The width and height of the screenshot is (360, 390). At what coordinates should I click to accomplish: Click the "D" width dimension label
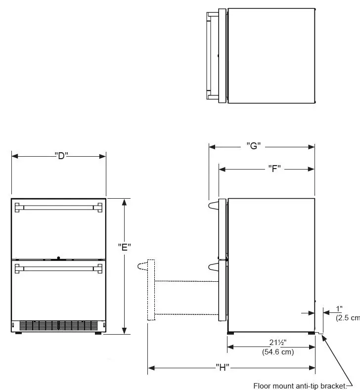pos(61,156)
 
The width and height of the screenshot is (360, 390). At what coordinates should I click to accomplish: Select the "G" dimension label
pos(253,146)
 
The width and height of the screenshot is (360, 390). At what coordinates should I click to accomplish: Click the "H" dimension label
pos(223,368)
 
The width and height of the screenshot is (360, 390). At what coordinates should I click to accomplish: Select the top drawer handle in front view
pos(58,207)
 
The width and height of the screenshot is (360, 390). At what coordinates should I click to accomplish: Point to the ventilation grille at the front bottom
pos(58,325)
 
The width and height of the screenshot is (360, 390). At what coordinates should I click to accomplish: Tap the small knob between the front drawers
pos(58,258)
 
